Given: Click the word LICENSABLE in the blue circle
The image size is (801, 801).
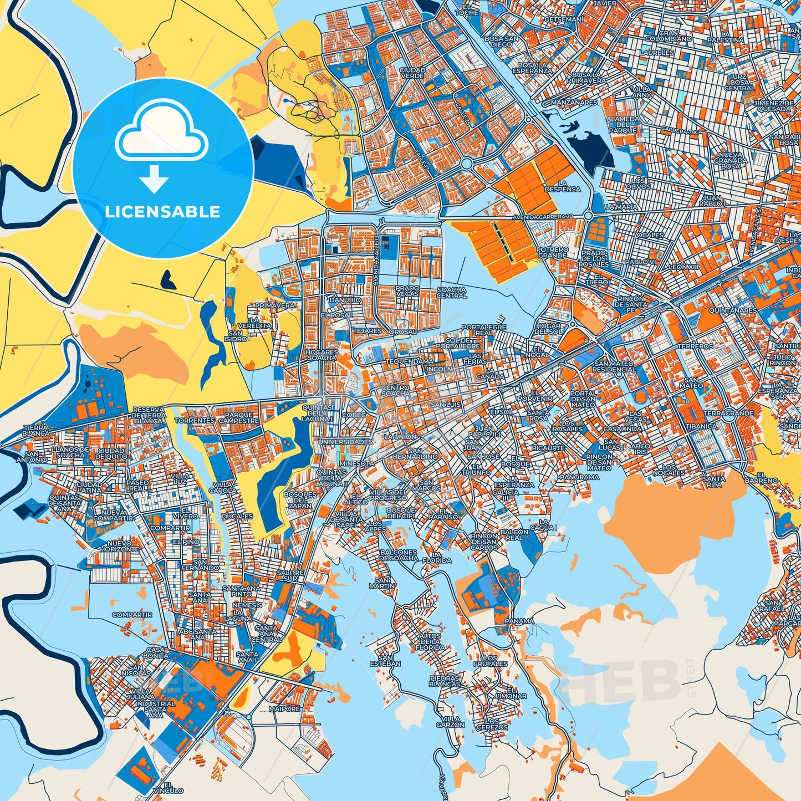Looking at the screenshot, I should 162,211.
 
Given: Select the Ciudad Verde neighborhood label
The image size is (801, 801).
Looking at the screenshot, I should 412,73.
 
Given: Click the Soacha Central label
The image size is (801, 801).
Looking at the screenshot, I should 452,292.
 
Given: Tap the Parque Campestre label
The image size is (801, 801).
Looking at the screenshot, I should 239,417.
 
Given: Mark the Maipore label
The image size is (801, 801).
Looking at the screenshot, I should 284,708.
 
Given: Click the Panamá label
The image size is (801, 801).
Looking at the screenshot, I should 519,621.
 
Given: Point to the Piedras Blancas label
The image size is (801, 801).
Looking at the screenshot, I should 445,681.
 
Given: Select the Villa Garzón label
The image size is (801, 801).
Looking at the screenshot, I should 450,721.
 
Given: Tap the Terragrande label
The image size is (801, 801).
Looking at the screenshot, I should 729,414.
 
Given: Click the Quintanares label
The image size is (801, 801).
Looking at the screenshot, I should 732,310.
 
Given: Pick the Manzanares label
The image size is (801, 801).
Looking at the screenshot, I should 574,103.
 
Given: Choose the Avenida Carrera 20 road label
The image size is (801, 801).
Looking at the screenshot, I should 543,216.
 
